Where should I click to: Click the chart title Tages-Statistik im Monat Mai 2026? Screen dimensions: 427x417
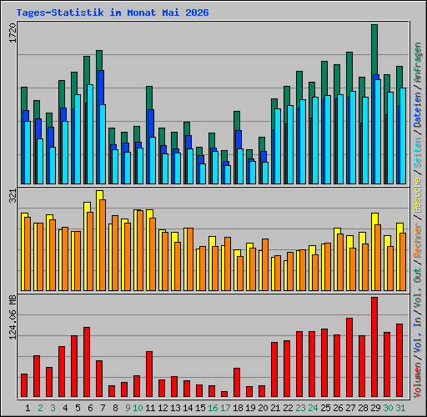pyautogui.click(x=113, y=13)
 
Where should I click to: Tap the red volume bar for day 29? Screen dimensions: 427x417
pyautogui.click(x=374, y=347)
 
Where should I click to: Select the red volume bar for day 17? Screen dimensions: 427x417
pyautogui.click(x=224, y=394)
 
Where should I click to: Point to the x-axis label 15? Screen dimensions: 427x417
pyautogui.click(x=200, y=408)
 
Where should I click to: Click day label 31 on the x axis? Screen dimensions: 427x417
pyautogui.click(x=400, y=408)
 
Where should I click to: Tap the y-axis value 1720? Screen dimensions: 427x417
pyautogui.click(x=13, y=33)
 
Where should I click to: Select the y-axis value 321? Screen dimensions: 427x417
pyautogui.click(x=13, y=196)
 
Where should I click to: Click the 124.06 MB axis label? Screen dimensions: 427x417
pyautogui.click(x=13, y=317)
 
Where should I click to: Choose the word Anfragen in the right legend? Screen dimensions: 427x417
pyautogui.click(x=418, y=63)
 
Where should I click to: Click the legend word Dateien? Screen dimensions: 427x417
pyautogui.click(x=418, y=110)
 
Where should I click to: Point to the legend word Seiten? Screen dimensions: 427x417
pyautogui.click(x=418, y=153)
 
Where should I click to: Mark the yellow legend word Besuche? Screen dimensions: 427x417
pyautogui.click(x=418, y=195)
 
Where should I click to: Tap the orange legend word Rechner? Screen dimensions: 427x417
pyautogui.click(x=418, y=240)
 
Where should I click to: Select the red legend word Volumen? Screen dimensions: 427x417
pyautogui.click(x=418, y=380)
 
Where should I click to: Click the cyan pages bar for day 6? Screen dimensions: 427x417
pyautogui.click(x=90, y=134)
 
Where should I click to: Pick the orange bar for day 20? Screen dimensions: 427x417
pyautogui.click(x=265, y=264)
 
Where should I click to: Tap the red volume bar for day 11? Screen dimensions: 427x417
pyautogui.click(x=149, y=374)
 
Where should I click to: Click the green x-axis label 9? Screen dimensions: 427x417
pyautogui.click(x=128, y=408)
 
